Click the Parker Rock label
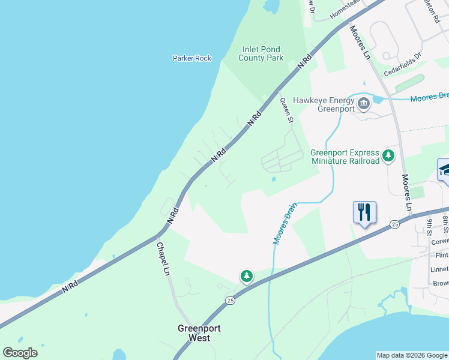[x=192, y=58]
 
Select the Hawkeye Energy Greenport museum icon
[x=363, y=104]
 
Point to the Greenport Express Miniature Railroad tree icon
[x=388, y=156]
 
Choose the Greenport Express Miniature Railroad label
[x=345, y=157]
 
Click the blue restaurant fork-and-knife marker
[x=364, y=212]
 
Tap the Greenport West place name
[x=194, y=333]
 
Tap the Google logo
[x=20, y=353]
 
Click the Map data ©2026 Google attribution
[x=412, y=355]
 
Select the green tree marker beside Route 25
[x=246, y=276]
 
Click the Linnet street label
[x=440, y=269]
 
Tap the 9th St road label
[x=430, y=226]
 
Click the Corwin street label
[x=440, y=241]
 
